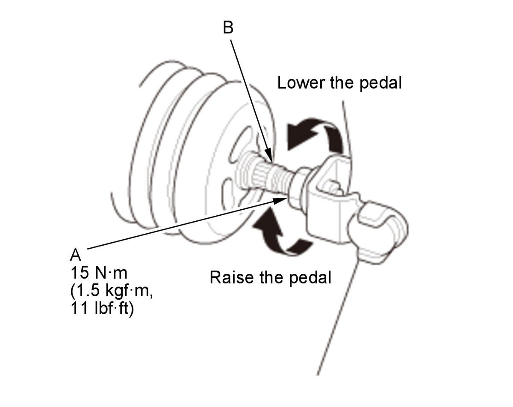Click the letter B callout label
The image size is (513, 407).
tap(228, 28)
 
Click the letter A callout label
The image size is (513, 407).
tap(75, 255)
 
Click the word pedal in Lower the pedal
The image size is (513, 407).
tap(380, 84)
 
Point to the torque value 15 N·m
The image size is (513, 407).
tap(99, 273)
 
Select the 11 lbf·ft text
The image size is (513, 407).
tap(102, 309)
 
